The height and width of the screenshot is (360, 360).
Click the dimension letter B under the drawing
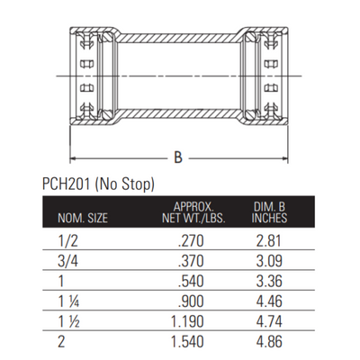pyautogui.click(x=178, y=157)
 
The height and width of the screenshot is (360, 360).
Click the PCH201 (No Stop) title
pyautogui.click(x=98, y=184)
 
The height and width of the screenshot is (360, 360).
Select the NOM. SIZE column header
pyautogui.click(x=83, y=218)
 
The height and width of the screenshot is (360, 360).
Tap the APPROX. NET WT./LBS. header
pyautogui.click(x=193, y=212)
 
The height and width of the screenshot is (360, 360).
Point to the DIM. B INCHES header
pyautogui.click(x=269, y=212)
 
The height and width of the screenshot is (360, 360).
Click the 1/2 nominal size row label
pyautogui.click(x=67, y=241)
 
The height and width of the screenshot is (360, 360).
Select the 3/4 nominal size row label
pyautogui.click(x=67, y=261)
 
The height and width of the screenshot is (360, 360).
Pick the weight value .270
pyautogui.click(x=191, y=241)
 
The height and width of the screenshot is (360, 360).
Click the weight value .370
pyautogui.click(x=191, y=261)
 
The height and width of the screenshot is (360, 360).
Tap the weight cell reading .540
pyautogui.click(x=191, y=281)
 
